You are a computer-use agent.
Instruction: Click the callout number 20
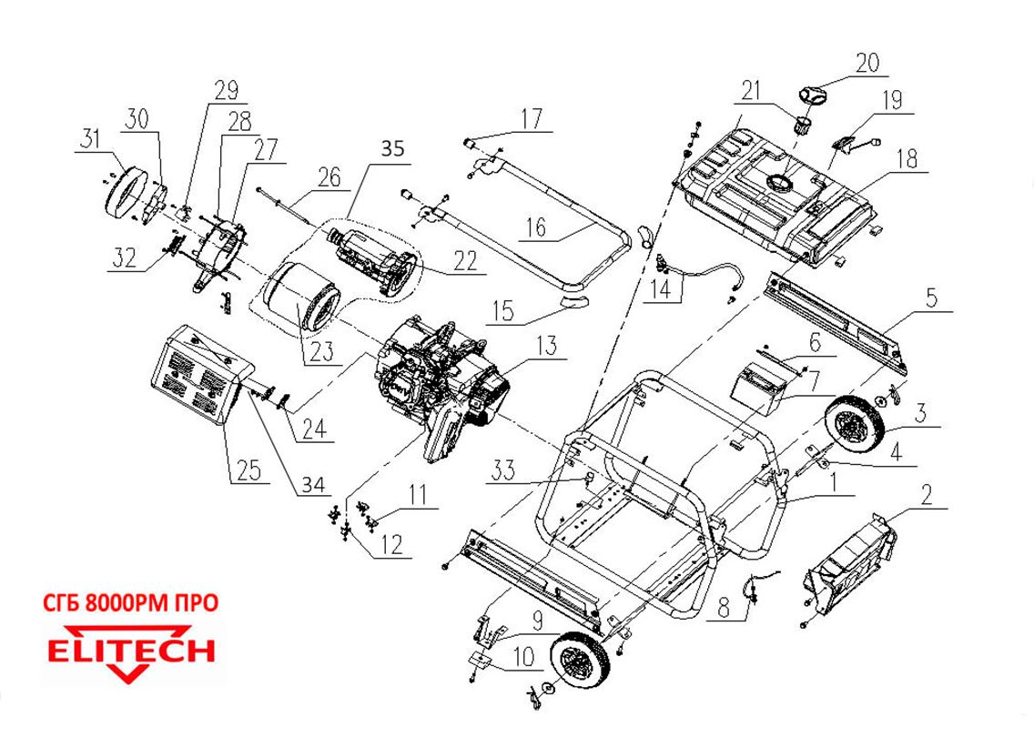pyautogui.click(x=867, y=63)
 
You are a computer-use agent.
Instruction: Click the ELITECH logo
pyautogui.click(x=131, y=652)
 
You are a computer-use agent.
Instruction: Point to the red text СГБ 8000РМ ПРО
pyautogui.click(x=131, y=603)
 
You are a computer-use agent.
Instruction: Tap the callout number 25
pyautogui.click(x=248, y=470)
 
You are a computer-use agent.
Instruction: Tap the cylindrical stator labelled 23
pyautogui.click(x=302, y=296)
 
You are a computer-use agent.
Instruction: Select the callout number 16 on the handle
pyautogui.click(x=537, y=227)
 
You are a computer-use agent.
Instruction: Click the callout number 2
pyautogui.click(x=926, y=496)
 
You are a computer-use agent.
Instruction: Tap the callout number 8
pyautogui.click(x=723, y=607)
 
